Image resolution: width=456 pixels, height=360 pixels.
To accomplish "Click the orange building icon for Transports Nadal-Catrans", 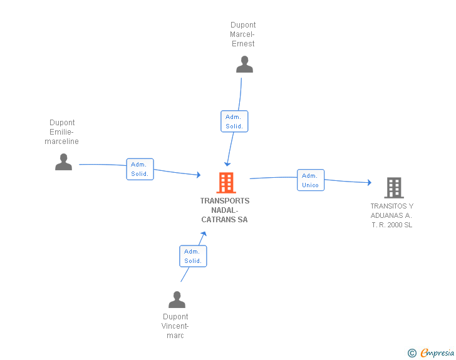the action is coord(226,183).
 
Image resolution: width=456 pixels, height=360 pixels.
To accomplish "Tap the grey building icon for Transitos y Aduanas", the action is coord(394,188).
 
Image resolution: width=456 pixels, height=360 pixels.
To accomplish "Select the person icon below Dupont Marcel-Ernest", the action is coord(244,64).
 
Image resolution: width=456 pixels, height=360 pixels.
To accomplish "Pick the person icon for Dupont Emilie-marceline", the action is coord(63,162).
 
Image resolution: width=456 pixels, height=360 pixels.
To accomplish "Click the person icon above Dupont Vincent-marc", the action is coord(177,299).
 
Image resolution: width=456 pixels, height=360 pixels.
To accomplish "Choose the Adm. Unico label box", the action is coord(311,180).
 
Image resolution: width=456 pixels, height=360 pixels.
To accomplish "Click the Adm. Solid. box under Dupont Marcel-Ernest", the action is coord(234,121).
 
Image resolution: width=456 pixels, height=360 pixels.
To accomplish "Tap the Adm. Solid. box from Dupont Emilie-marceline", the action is coord(140,169).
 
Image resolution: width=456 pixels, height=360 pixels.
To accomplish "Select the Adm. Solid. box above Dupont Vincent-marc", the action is coord(193,256).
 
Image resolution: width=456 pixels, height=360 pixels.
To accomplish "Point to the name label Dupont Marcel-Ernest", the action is coord(243,34).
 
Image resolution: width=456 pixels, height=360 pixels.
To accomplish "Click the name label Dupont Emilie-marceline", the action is coord(61,132).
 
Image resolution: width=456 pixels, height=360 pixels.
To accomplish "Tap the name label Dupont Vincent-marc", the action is coord(175,326).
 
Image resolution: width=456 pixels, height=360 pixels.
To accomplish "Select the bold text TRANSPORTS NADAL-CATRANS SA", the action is coord(224,210).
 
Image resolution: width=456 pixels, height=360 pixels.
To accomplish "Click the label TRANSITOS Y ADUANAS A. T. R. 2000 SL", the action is coord(391,215).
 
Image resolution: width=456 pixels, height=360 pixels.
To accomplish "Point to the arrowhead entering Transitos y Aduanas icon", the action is coord(370,182).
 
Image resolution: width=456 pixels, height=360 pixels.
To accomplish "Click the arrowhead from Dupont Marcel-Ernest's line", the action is coord(227,164).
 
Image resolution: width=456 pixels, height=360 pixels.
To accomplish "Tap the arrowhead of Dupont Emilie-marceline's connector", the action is coord(199,175).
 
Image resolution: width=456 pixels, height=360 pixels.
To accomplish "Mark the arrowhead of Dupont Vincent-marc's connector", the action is coord(204,234).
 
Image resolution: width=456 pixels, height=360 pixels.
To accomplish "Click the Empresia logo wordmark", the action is coord(437,353).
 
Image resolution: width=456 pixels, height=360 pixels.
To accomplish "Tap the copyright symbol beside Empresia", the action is coord(412,353).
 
